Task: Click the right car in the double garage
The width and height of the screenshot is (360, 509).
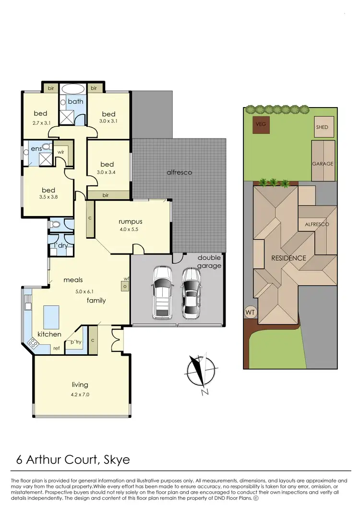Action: (192, 292)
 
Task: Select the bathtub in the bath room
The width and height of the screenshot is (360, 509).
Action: (73, 89)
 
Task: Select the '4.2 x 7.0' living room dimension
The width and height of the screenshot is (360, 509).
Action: (80, 394)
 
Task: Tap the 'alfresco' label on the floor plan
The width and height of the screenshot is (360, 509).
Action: (180, 172)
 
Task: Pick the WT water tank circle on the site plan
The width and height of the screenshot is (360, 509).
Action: (250, 312)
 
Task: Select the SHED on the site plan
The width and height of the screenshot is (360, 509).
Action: (322, 127)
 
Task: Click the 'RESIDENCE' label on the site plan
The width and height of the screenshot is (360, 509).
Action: (288, 258)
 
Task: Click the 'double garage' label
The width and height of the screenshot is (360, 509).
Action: (209, 261)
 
